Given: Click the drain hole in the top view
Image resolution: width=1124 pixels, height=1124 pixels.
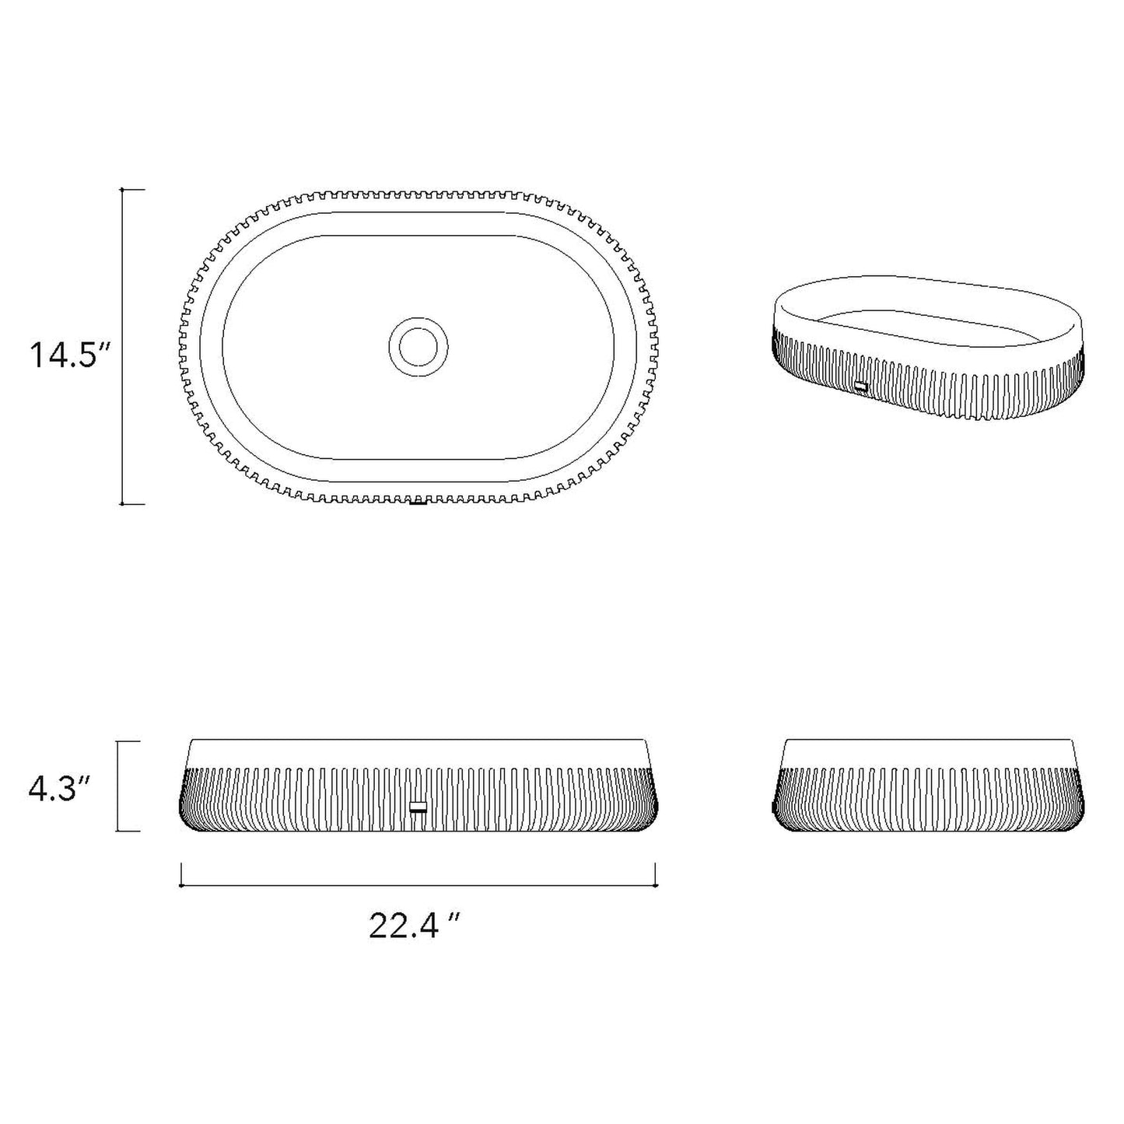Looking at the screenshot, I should point(418,347).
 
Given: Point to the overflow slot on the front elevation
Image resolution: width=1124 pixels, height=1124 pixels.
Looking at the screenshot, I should point(418,807).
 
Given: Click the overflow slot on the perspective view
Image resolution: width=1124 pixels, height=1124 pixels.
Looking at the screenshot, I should point(860,385).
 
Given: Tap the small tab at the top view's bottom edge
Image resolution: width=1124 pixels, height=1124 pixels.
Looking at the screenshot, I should point(418,502).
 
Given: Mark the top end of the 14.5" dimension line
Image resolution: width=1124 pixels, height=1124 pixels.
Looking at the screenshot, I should point(122,190).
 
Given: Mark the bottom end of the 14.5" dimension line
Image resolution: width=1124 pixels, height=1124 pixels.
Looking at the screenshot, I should point(122,504).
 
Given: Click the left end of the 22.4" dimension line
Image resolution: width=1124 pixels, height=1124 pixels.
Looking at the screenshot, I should point(181,885).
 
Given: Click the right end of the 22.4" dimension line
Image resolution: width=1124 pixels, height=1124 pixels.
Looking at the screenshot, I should point(657,885).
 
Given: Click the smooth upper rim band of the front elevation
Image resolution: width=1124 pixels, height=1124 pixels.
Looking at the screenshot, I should point(418,753).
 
